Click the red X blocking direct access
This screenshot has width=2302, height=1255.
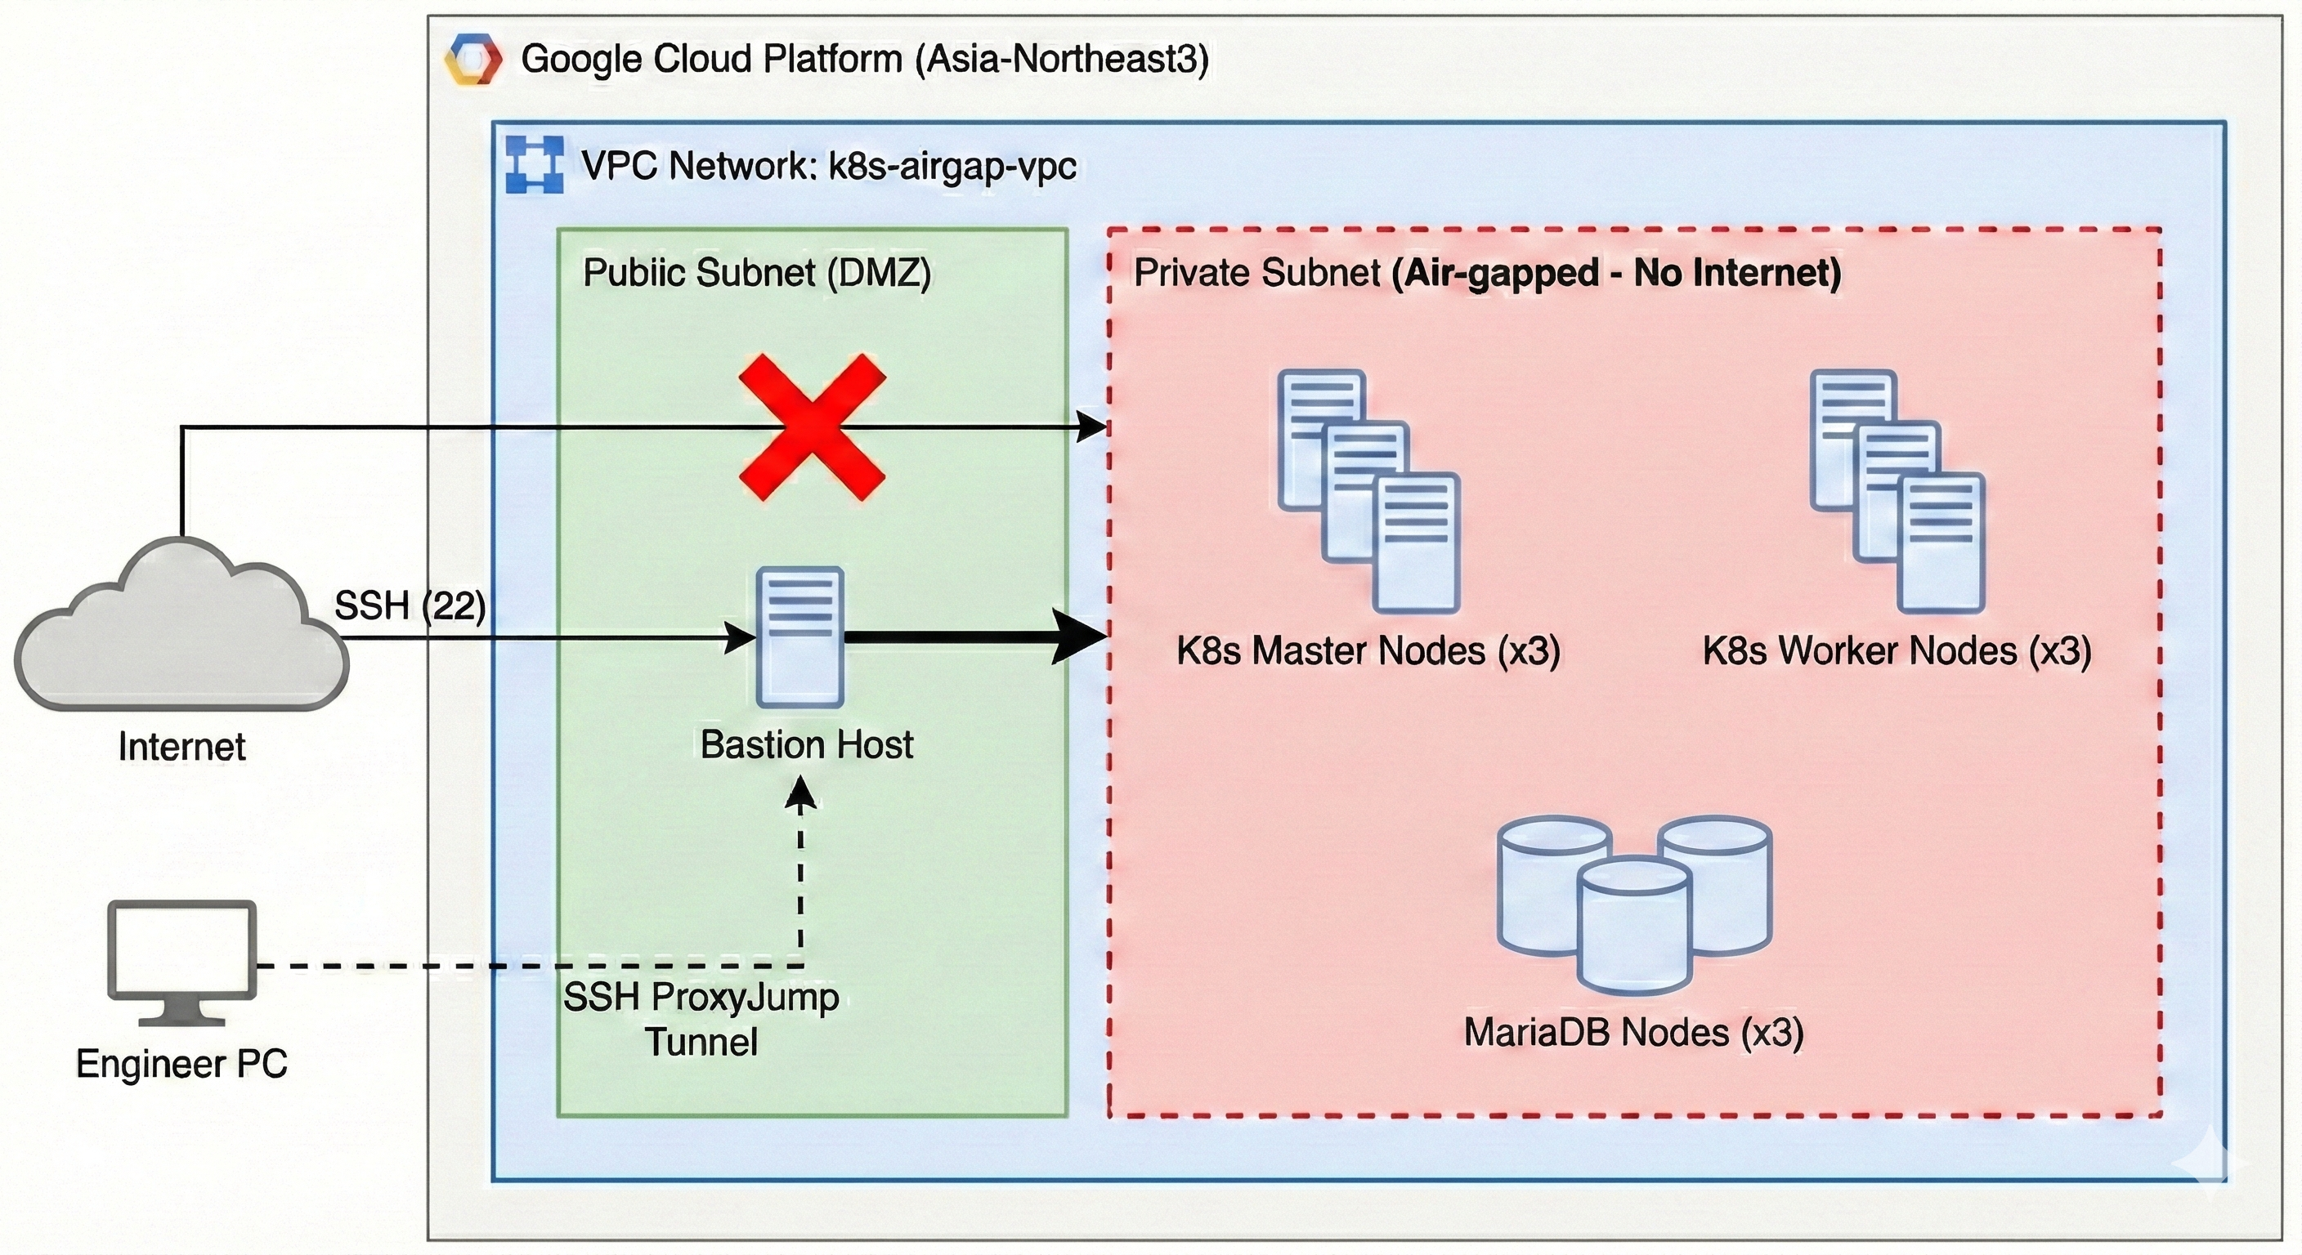pyautogui.click(x=812, y=427)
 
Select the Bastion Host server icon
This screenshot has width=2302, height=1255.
pyautogui.click(x=799, y=636)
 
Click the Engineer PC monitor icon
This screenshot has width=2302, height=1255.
pyautogui.click(x=182, y=960)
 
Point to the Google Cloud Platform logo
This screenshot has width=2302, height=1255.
pyautogui.click(x=472, y=59)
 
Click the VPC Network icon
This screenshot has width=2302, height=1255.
pyautogui.click(x=535, y=164)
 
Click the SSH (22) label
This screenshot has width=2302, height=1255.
pyautogui.click(x=410, y=606)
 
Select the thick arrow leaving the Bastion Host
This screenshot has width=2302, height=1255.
pyautogui.click(x=974, y=636)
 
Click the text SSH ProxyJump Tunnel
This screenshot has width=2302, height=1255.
pyautogui.click(x=701, y=1019)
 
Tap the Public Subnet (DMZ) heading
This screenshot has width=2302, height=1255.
pyautogui.click(x=757, y=272)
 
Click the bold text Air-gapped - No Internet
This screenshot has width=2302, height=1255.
pyautogui.click(x=1615, y=272)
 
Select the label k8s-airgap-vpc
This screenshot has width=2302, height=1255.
pyautogui.click(x=952, y=166)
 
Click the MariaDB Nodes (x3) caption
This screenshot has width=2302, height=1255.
pyautogui.click(x=1633, y=1032)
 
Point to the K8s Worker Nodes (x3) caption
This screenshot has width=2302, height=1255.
pyautogui.click(x=1897, y=650)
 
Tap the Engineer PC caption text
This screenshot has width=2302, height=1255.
pyautogui.click(x=181, y=1063)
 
